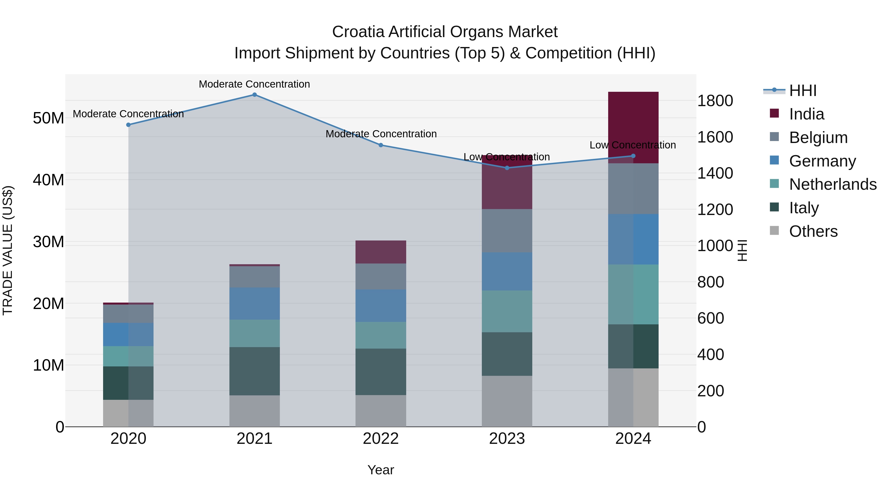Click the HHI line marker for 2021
click(254, 95)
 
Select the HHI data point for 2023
click(507, 168)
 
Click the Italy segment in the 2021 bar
click(254, 371)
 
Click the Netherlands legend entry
click(833, 184)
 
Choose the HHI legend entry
click(802, 91)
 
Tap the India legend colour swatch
click(774, 113)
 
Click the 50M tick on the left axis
click(48, 118)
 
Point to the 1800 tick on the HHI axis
click(715, 101)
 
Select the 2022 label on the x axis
click(380, 439)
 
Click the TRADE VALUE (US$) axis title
click(8, 250)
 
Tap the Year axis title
click(380, 470)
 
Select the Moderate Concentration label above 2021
click(254, 84)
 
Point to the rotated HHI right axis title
click(742, 250)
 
